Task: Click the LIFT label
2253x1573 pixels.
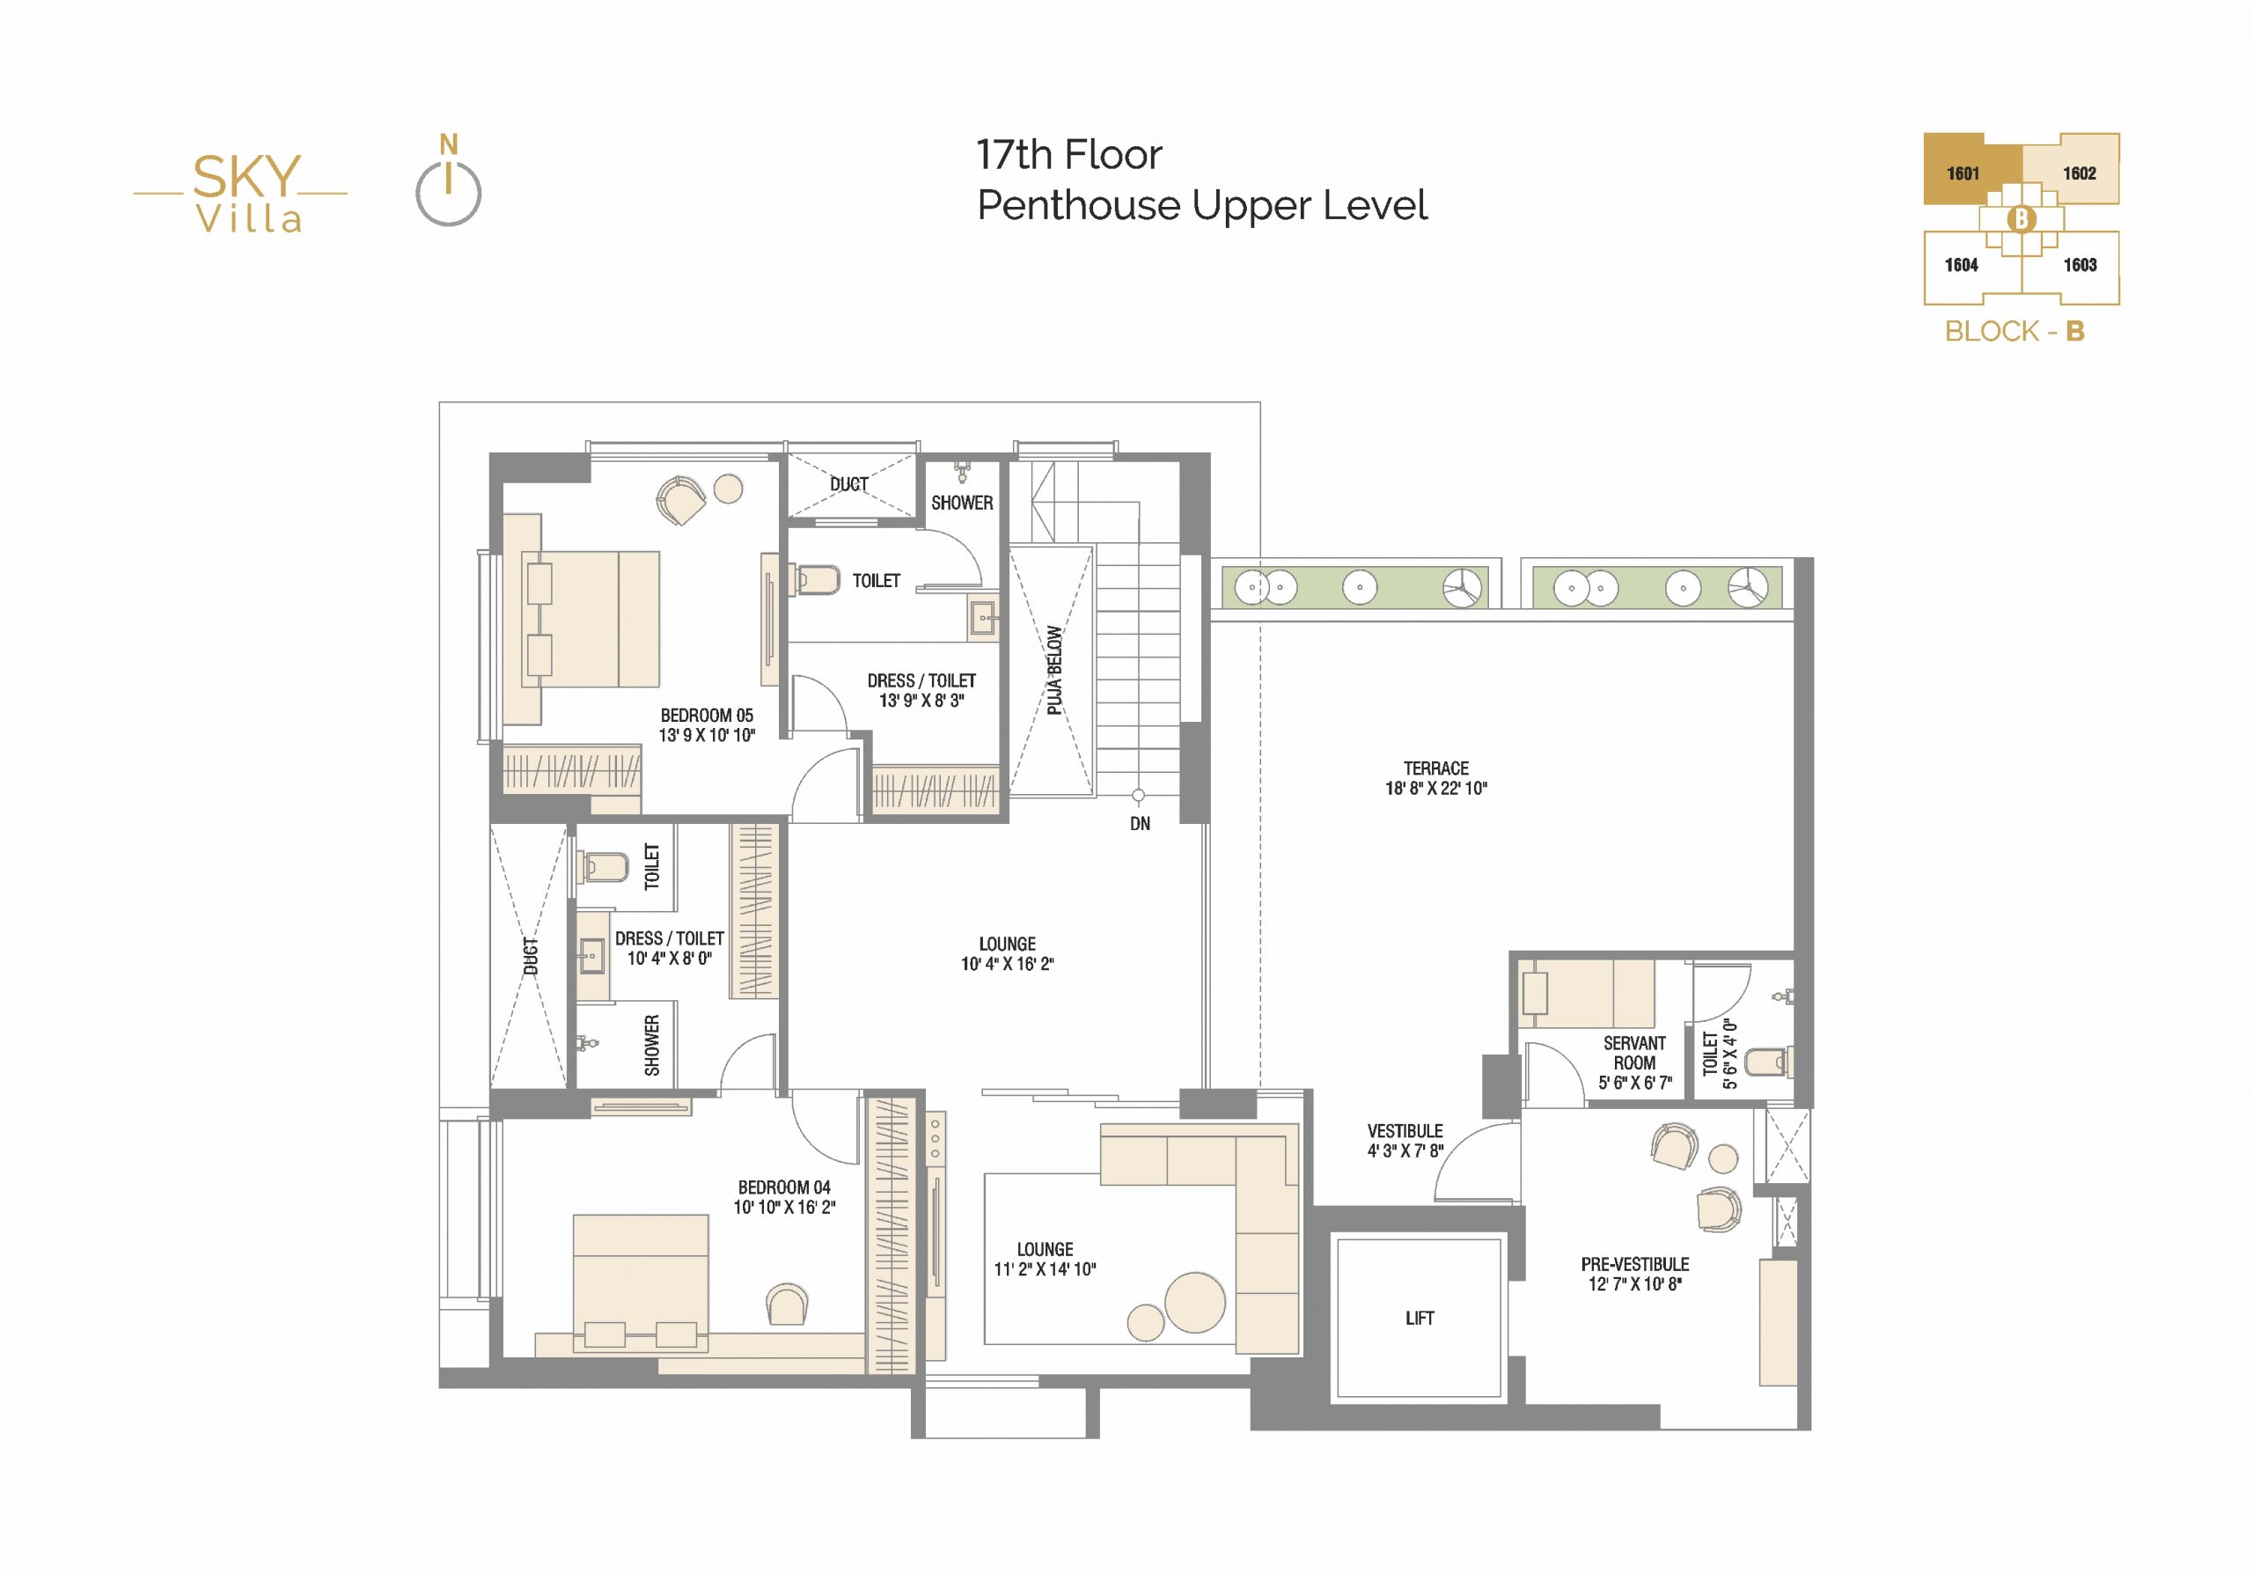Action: click(x=1419, y=1318)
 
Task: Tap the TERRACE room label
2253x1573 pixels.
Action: click(x=1435, y=768)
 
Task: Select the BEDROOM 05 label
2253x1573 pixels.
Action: click(x=707, y=716)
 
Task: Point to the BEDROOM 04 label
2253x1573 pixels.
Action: click(x=784, y=1187)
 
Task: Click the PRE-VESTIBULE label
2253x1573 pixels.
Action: click(x=1635, y=1264)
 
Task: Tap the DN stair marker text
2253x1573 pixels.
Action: click(x=1139, y=824)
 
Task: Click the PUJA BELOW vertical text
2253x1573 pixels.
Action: click(x=1053, y=670)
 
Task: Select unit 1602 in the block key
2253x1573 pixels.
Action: click(x=2080, y=173)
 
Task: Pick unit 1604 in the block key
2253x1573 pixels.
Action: click(x=1962, y=265)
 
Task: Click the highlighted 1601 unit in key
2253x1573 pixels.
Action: click(x=1963, y=173)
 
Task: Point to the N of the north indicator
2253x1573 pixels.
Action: click(x=449, y=144)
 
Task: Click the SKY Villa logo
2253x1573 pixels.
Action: click(x=241, y=194)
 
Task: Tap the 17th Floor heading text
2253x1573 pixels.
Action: click(x=1068, y=155)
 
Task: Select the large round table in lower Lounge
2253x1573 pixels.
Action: click(x=1194, y=1302)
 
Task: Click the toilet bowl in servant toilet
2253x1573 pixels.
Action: click(x=1768, y=1061)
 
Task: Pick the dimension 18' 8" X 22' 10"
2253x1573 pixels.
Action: click(x=1435, y=788)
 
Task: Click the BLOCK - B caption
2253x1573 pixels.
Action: click(x=2014, y=332)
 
